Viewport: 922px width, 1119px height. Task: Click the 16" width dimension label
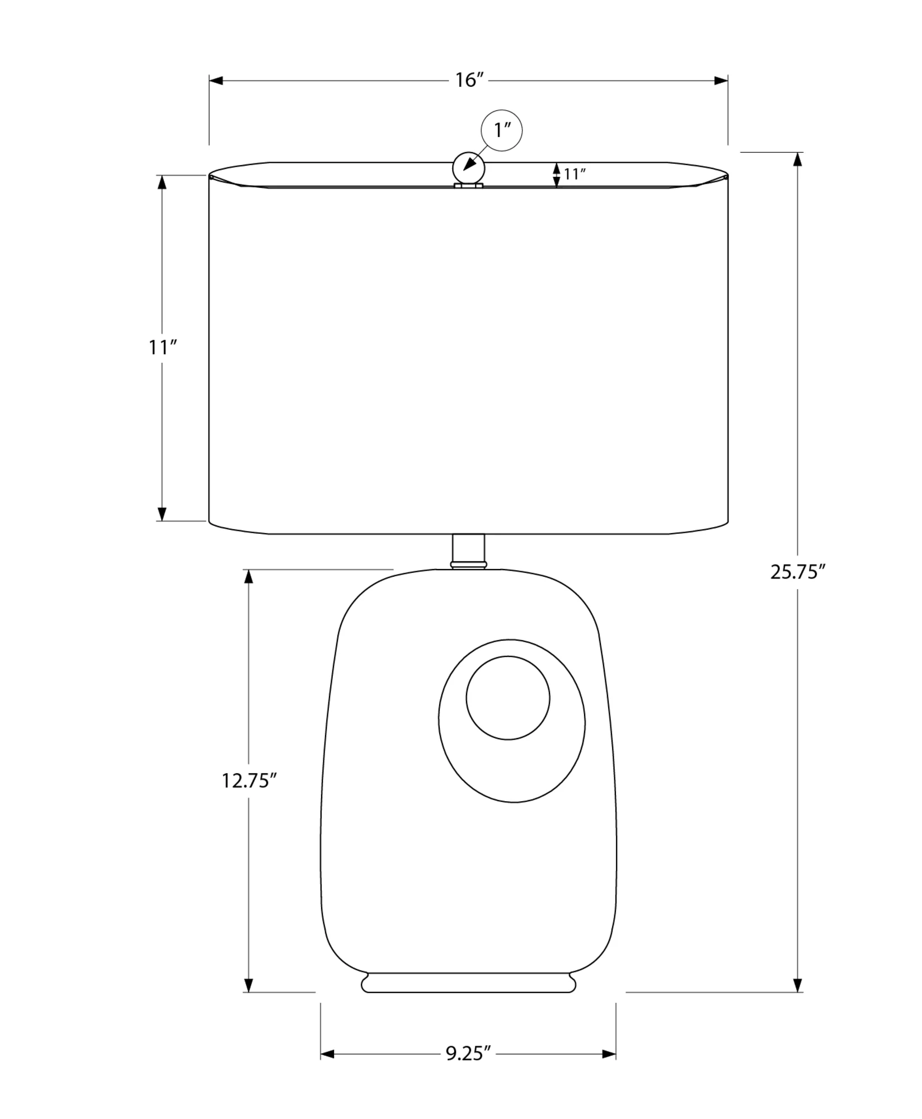point(469,80)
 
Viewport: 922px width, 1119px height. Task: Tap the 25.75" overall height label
point(798,572)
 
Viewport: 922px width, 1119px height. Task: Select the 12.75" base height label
point(250,781)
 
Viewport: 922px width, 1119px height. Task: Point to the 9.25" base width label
point(468,1054)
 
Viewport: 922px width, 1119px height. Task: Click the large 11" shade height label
point(162,348)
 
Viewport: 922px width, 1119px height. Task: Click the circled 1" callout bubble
point(501,130)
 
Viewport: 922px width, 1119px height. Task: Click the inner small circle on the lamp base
point(508,698)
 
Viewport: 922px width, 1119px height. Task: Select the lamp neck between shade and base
point(468,552)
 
